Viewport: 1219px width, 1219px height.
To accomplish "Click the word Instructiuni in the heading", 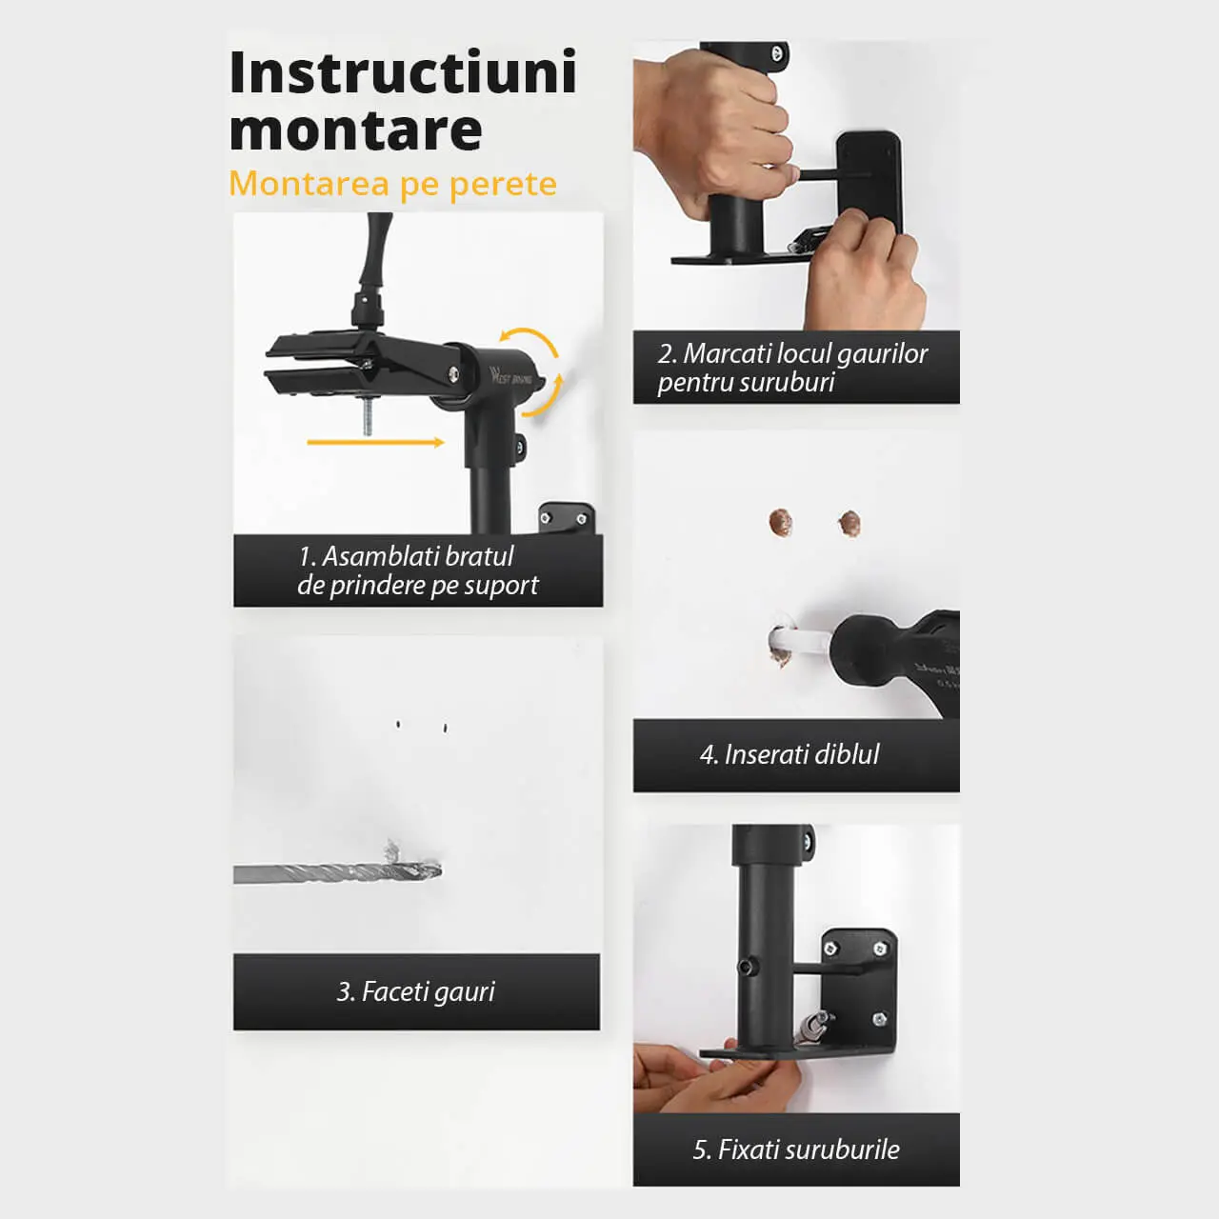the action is [403, 72].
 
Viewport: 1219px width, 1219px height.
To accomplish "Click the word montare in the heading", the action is [355, 130].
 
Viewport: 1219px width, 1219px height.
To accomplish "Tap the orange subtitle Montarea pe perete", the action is [392, 184].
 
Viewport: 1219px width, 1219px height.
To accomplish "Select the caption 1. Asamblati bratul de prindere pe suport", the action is [418, 570].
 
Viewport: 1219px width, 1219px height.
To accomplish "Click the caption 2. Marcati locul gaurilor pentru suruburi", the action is [792, 368].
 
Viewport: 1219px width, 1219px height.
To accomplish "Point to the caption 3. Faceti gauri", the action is [415, 991].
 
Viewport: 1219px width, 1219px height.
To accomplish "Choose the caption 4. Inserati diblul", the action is [789, 754].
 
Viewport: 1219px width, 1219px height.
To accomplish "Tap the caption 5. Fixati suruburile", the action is [796, 1149].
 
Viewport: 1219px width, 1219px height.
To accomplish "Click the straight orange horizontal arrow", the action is [376, 442].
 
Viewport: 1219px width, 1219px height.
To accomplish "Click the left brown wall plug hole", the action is [781, 522].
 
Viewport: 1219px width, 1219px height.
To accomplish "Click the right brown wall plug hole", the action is [849, 524].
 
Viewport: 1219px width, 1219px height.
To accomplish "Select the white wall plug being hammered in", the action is [799, 642].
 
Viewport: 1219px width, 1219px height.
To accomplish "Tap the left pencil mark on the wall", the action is [398, 725].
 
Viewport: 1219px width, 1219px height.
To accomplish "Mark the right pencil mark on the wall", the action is [446, 729].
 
